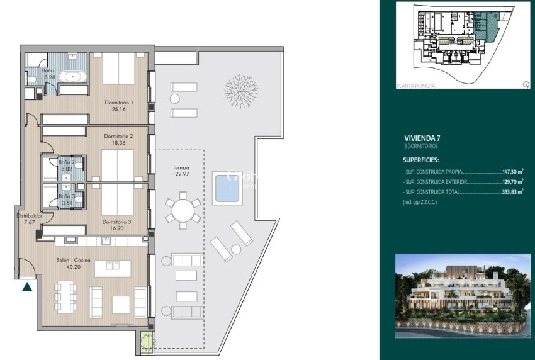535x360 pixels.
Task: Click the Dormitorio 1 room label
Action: tap(118, 102)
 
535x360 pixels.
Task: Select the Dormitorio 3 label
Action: tap(118, 222)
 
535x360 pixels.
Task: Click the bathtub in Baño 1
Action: tap(74, 77)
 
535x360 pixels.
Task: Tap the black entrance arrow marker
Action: tap(27, 287)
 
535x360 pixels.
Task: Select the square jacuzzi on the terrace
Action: tap(227, 187)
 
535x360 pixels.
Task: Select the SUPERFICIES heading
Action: tap(421, 160)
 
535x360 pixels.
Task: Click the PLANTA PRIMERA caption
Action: tap(416, 85)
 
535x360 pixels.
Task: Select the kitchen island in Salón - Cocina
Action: tap(113, 268)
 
